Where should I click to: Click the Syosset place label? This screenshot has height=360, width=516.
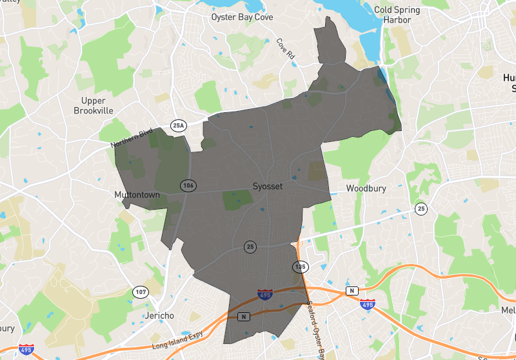pos(268,186)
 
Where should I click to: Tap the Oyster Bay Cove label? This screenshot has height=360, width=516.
pos(242,17)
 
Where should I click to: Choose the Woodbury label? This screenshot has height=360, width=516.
pos(365,188)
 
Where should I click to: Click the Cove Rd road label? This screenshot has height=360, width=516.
pos(285,50)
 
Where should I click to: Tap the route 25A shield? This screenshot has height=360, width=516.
pos(178,125)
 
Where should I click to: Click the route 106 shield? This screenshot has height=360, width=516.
pos(188,185)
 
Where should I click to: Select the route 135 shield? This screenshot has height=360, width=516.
pos(300,266)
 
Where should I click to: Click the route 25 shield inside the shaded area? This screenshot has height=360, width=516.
pos(250,246)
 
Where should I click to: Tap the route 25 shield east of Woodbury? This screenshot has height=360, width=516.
pos(421,208)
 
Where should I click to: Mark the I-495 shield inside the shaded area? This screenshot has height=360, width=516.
pos(264,295)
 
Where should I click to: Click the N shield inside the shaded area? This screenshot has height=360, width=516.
pos(244,316)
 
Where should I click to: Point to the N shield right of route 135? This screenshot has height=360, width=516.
pos(352,291)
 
